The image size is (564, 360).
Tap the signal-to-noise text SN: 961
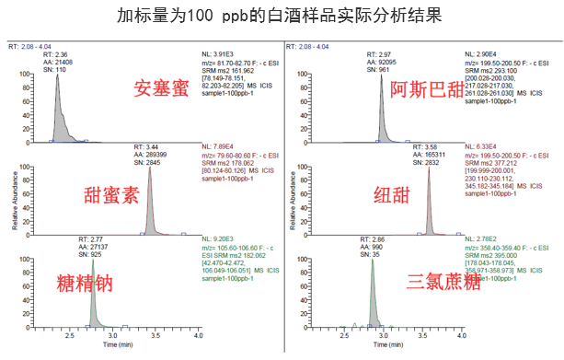[x=392, y=68]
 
